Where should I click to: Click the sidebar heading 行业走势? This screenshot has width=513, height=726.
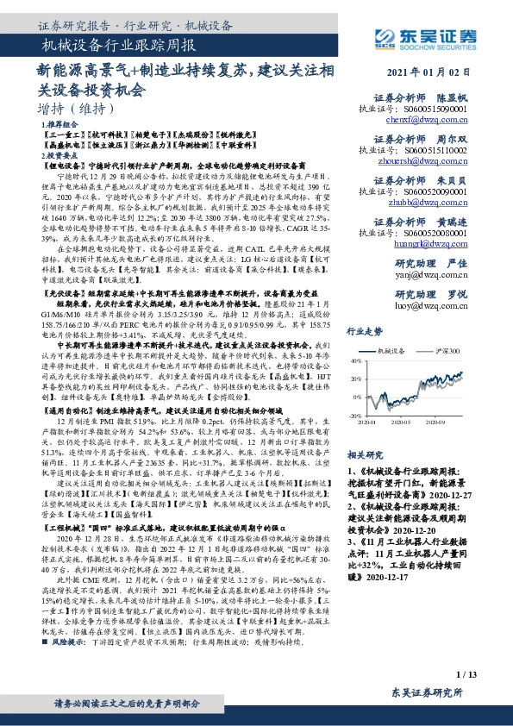tap(363, 329)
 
